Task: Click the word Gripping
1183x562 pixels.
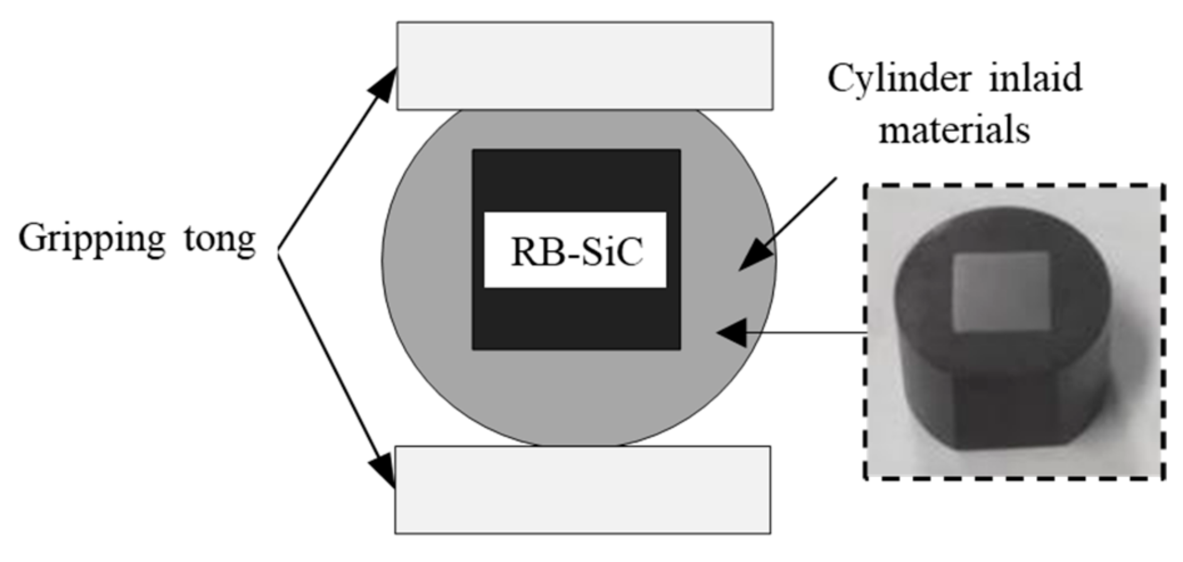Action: [91, 239]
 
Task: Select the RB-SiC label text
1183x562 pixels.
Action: [576, 252]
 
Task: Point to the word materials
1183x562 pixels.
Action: [954, 131]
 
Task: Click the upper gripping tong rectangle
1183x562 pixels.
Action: [585, 66]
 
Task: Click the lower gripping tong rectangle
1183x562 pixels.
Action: [583, 489]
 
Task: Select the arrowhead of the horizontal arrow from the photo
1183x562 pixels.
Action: [732, 332]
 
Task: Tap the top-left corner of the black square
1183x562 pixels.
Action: [473, 150]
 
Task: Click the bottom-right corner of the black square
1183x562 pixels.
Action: [680, 349]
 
